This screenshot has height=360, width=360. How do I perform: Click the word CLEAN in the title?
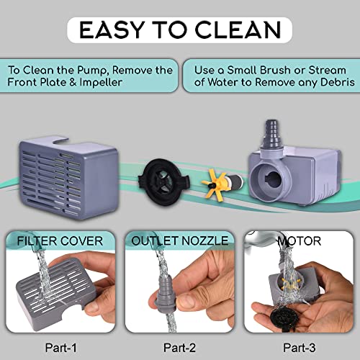(238, 30)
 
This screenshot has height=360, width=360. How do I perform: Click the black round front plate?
(163, 182)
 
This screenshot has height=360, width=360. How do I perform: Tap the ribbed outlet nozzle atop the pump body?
(272, 137)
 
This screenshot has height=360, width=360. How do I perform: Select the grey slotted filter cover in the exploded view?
(69, 178)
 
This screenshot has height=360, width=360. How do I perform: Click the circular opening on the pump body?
(271, 181)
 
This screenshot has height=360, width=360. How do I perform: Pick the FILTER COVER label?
(60, 241)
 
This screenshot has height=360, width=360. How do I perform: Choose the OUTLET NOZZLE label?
(180, 240)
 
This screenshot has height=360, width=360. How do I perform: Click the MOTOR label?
(299, 241)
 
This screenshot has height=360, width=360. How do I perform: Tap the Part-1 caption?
(61, 347)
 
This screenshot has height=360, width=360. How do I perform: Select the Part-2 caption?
(179, 347)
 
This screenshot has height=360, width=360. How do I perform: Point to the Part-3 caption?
(300, 347)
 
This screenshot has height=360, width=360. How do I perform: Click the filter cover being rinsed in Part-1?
(55, 294)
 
